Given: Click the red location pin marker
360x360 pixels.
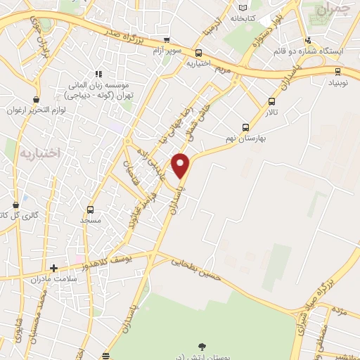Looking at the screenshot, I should tap(181, 166).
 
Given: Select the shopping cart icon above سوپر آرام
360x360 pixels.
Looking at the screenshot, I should tap(167, 40).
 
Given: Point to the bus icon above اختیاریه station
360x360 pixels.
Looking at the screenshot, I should tap(199, 53).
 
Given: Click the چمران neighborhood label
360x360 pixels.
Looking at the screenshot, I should tap(333, 10).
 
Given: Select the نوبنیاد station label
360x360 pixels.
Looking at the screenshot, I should tap(337, 83).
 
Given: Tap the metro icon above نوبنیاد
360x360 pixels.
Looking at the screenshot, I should tap(338, 71).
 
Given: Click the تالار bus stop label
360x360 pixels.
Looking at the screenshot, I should tap(272, 112).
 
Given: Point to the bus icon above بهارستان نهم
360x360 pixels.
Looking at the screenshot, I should tap(245, 127).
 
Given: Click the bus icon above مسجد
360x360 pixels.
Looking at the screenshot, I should tap(90, 210).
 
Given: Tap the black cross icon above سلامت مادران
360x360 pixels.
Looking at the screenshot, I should tap(53, 268).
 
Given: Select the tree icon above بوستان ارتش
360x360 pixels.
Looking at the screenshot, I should tap(202, 346).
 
